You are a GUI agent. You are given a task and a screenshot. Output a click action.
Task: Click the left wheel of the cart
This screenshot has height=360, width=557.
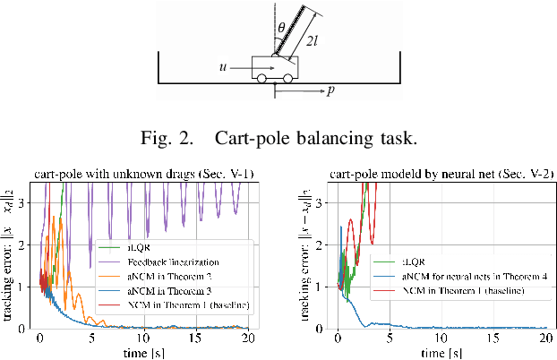tap(261, 79)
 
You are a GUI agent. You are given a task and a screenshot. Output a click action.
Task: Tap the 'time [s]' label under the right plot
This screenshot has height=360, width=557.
tap(441, 353)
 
